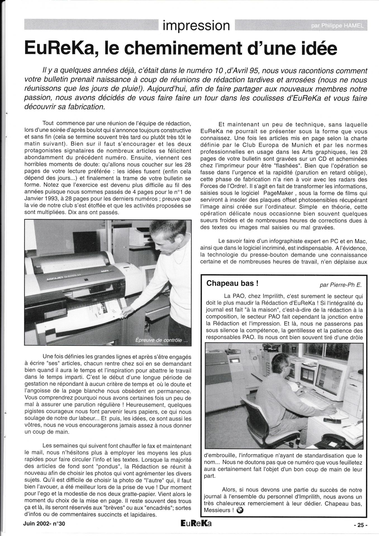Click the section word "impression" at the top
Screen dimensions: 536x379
pos(196,25)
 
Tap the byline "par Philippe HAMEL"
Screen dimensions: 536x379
pos(338,26)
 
